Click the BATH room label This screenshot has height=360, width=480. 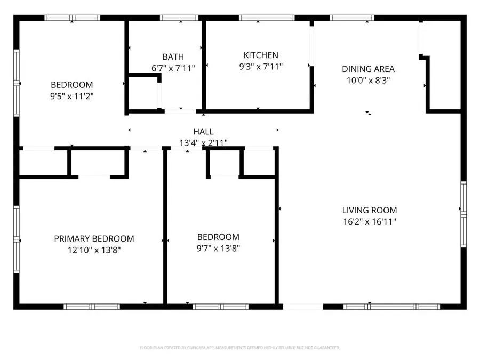173,57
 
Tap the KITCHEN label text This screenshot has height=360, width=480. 261,55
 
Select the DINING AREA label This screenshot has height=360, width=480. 368,69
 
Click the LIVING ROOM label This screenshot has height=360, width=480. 370,210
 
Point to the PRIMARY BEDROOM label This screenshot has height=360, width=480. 94,239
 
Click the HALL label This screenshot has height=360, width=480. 203,132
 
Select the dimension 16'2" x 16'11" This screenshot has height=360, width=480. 370,221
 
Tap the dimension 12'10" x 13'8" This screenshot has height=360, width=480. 94,250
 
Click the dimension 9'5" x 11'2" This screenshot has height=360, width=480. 72,96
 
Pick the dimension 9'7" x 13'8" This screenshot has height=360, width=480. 218,248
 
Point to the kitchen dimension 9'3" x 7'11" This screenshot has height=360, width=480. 261,67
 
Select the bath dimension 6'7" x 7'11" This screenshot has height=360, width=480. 173,68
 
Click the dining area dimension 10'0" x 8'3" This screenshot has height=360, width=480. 368,80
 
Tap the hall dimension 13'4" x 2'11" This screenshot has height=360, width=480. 203,142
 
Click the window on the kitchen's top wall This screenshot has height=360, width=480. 267,18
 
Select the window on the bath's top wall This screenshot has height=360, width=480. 180,18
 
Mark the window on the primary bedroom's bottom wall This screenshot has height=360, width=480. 92,307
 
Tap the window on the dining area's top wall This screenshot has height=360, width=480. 351,18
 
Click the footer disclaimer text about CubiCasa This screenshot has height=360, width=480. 239,348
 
